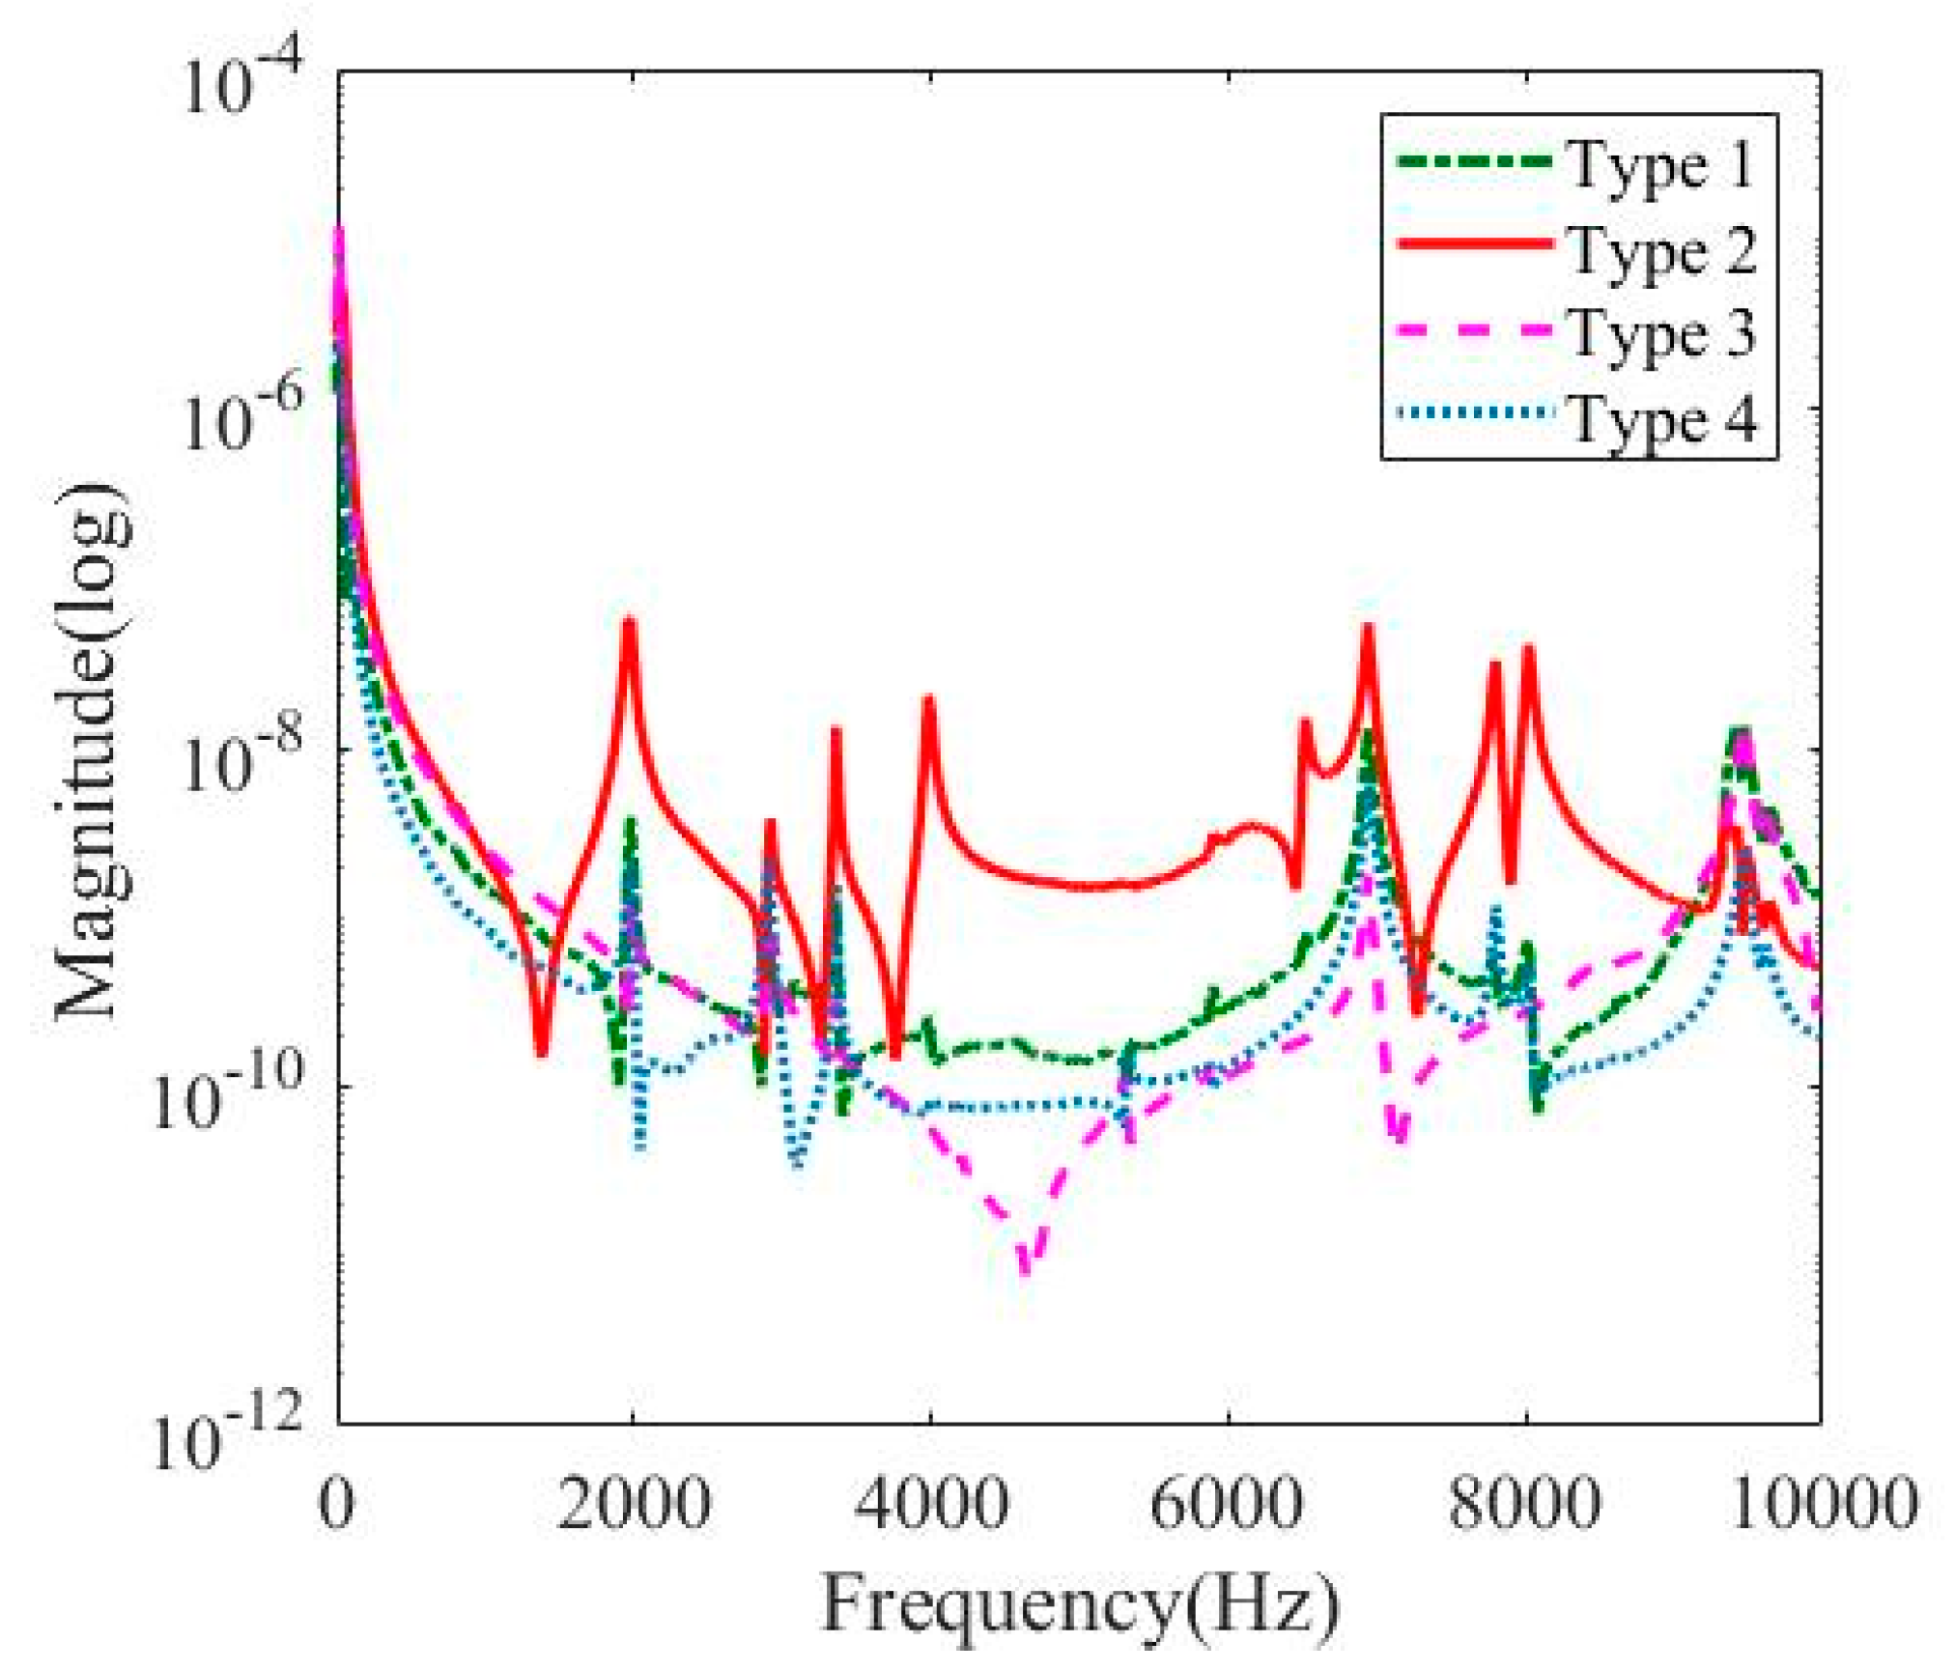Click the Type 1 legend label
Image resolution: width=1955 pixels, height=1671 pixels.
click(x=1659, y=166)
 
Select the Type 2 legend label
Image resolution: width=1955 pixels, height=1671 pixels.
click(x=1659, y=251)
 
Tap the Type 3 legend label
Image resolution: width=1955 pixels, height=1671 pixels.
click(x=1659, y=334)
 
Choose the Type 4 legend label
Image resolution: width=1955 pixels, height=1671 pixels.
click(x=1659, y=420)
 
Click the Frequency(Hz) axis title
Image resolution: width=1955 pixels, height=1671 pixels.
click(x=1080, y=1604)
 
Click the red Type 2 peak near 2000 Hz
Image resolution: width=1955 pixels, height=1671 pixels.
click(x=630, y=623)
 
